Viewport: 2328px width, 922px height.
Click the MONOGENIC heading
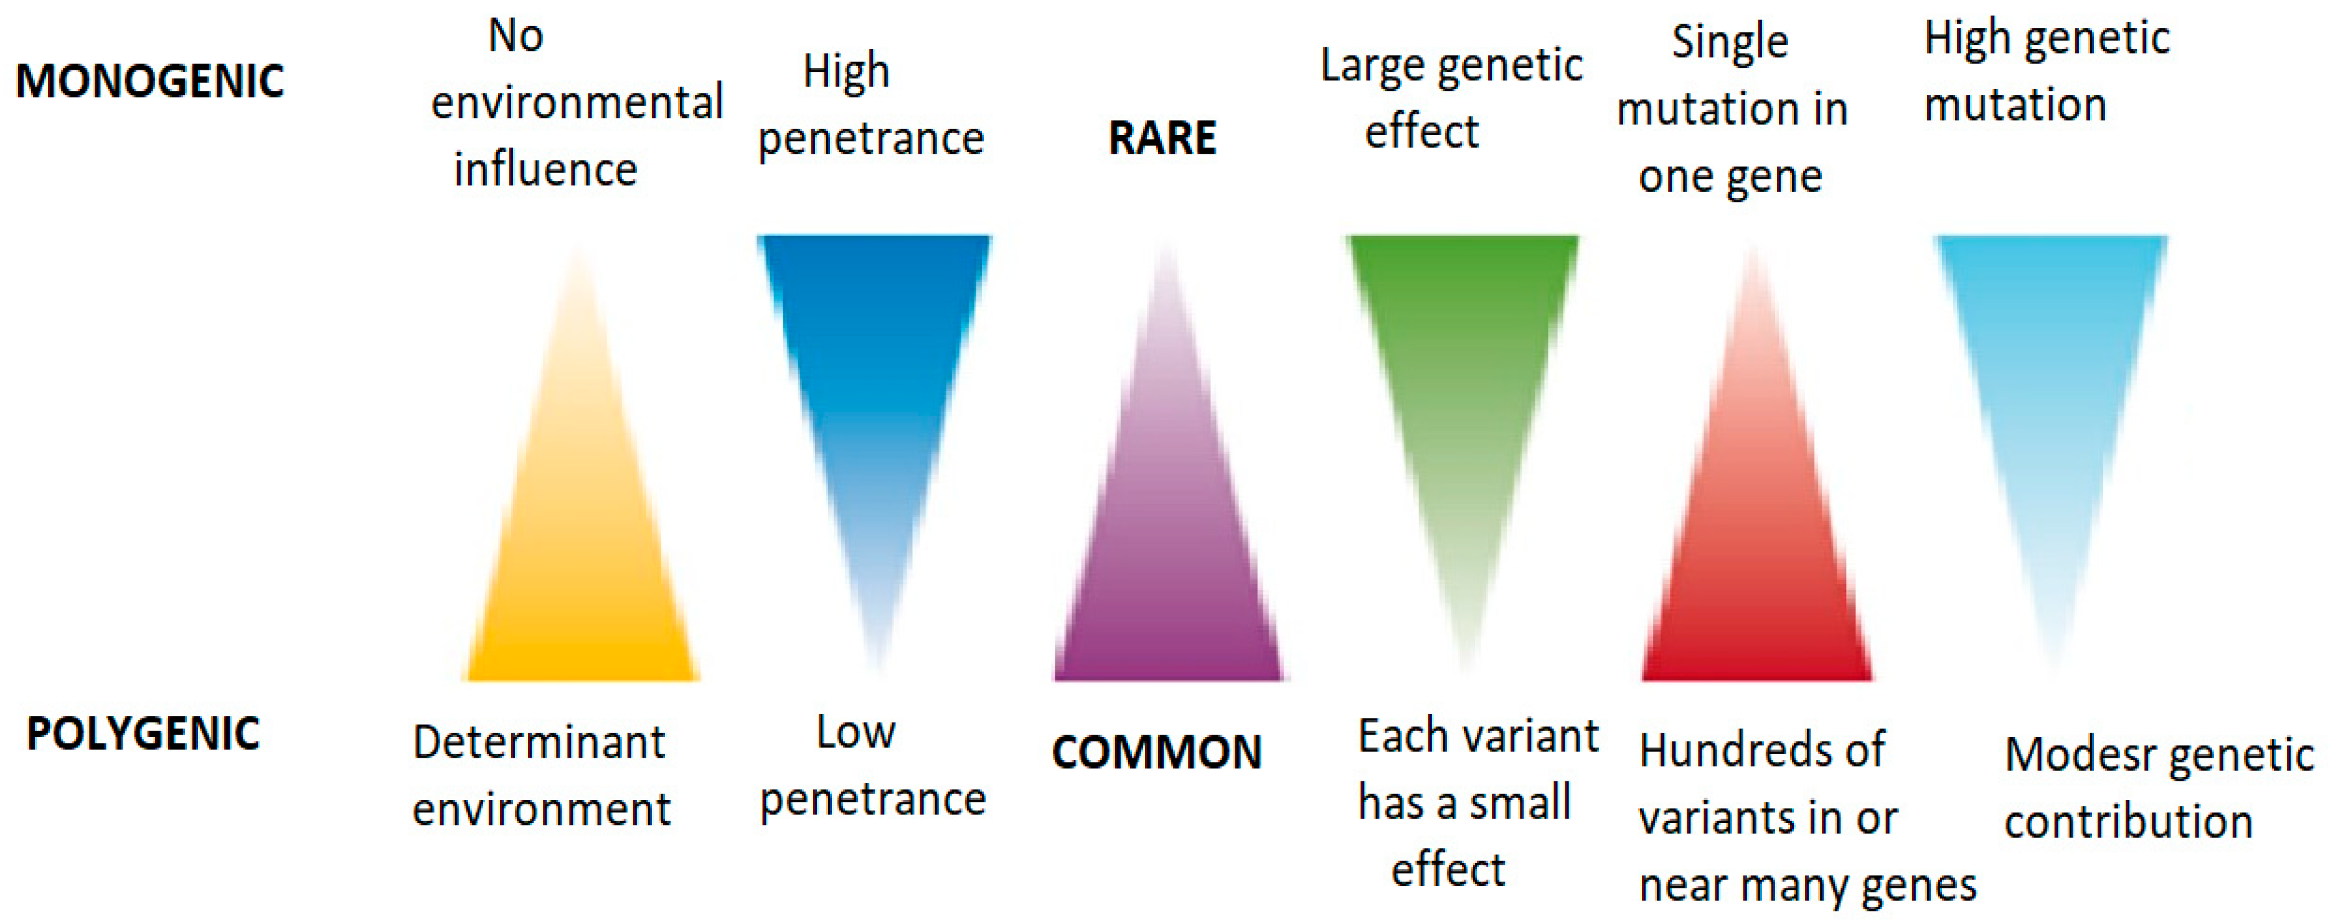pos(150,82)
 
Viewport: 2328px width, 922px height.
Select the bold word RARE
pos(1162,138)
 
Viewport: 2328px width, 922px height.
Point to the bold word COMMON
pos(1157,752)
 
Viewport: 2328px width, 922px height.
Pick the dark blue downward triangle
pos(874,380)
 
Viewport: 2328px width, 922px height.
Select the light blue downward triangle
pos(2050,380)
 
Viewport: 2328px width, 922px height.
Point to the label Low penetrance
pos(873,766)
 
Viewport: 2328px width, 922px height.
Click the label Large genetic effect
pos(1451,98)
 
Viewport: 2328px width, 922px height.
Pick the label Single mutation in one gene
pos(1732,108)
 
